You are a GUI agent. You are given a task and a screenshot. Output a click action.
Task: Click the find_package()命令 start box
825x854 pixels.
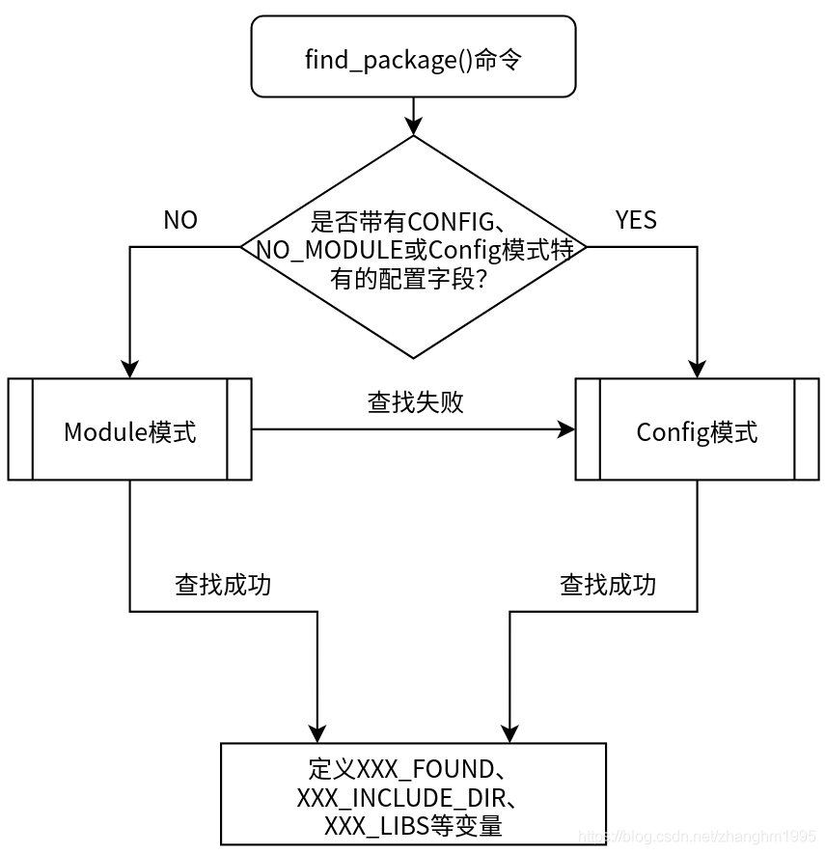coord(413,59)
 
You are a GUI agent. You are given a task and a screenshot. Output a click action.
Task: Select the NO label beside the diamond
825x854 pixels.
coord(180,220)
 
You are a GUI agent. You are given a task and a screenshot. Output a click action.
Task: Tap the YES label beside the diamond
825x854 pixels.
coord(636,220)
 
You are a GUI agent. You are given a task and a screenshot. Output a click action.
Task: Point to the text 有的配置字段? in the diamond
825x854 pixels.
coord(413,278)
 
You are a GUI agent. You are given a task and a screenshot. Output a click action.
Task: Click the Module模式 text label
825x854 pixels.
coord(130,431)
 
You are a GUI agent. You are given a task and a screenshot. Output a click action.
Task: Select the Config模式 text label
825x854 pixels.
coord(697,431)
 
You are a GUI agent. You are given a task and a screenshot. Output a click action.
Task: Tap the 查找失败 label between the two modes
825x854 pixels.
coord(415,402)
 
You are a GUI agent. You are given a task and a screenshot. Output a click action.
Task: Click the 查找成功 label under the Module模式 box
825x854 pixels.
coord(223,585)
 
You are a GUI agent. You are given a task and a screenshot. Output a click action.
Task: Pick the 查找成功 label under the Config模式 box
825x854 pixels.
coord(608,585)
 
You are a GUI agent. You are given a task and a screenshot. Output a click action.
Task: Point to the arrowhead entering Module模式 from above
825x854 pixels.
coord(130,369)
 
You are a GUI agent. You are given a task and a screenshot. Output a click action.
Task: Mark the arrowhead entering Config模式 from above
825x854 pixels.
coord(697,369)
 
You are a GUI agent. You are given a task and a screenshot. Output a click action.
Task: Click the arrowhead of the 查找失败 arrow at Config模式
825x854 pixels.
coord(566,429)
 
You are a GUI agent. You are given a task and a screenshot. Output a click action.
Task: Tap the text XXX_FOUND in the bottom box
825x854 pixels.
coord(425,769)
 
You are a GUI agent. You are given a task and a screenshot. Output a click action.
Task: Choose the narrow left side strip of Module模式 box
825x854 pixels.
coord(20,429)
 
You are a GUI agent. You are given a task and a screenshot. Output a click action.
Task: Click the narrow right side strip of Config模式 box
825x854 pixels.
coord(807,429)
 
